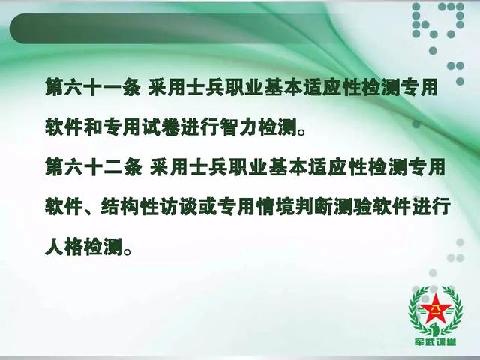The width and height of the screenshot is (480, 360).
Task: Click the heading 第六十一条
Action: point(93,87)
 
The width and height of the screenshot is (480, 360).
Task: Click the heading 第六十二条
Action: point(94,167)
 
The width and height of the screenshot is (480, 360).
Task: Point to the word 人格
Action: point(64,247)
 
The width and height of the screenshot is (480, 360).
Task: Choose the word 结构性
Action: point(130,207)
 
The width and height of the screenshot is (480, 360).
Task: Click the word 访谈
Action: point(178,207)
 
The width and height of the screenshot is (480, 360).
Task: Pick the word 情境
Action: point(276,207)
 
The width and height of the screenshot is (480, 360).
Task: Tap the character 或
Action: point(208,207)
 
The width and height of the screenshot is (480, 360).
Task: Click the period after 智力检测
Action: point(301,132)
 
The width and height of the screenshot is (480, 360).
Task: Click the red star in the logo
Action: point(435,309)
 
